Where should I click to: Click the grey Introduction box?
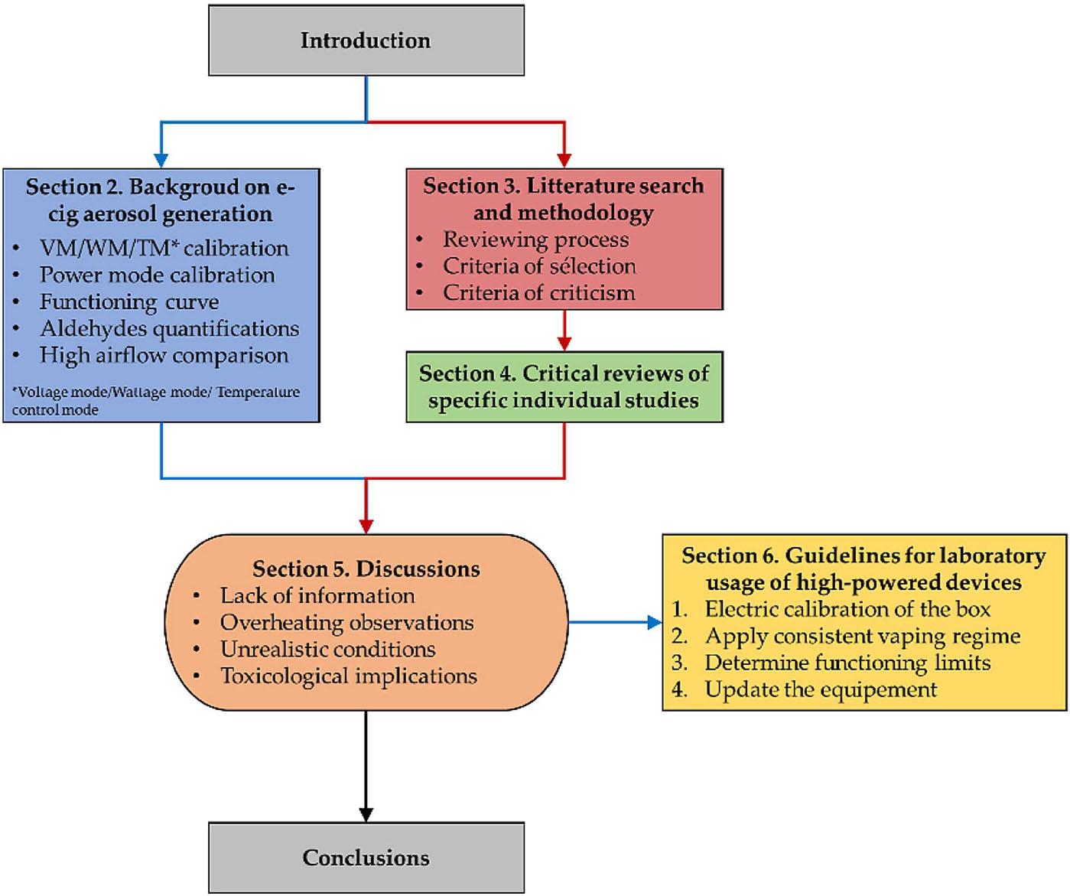pyautogui.click(x=366, y=41)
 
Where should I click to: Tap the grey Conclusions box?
pyautogui.click(x=366, y=857)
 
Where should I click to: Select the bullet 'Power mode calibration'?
pyautogui.click(x=157, y=275)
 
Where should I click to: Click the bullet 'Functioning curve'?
pyautogui.click(x=129, y=302)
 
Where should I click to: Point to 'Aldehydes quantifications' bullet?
pyautogui.click(x=169, y=329)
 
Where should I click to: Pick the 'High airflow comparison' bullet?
pyautogui.click(x=164, y=356)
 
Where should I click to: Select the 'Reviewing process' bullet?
pyautogui.click(x=535, y=239)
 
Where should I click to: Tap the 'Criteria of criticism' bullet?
pyautogui.click(x=538, y=293)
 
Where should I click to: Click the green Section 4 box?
pyautogui.click(x=564, y=387)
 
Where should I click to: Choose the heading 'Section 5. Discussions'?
pyautogui.click(x=366, y=569)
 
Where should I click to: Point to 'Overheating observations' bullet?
pyautogui.click(x=346, y=623)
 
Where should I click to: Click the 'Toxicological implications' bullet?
pyautogui.click(x=348, y=676)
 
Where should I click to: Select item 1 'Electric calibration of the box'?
pyautogui.click(x=847, y=610)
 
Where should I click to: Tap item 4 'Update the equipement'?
pyautogui.click(x=821, y=690)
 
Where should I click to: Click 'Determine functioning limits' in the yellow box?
pyautogui.click(x=847, y=663)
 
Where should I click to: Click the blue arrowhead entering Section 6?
pyautogui.click(x=655, y=623)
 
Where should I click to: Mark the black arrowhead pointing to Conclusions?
pyautogui.click(x=366, y=814)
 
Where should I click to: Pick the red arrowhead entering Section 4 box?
pyautogui.click(x=564, y=344)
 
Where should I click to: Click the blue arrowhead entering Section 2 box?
pyautogui.click(x=161, y=160)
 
